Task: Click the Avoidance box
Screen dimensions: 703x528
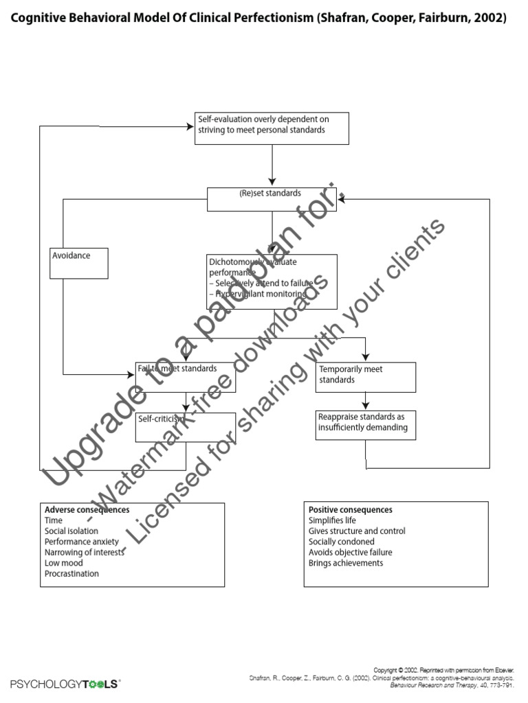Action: click(x=78, y=263)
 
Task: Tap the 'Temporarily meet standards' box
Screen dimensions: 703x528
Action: click(x=366, y=377)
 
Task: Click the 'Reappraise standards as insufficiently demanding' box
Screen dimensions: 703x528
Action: click(x=366, y=426)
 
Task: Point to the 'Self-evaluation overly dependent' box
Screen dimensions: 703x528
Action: click(x=272, y=128)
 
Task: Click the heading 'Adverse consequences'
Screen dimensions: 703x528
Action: click(x=87, y=510)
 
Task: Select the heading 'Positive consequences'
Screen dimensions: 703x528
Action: click(x=351, y=510)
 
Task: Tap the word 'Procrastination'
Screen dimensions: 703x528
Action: click(x=71, y=574)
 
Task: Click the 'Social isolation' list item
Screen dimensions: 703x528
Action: click(x=71, y=531)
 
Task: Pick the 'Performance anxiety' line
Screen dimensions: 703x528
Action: click(x=82, y=542)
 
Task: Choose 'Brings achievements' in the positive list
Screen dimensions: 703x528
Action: click(x=346, y=563)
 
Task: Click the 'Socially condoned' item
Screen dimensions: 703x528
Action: click(x=342, y=542)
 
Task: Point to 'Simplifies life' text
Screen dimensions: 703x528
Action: click(x=332, y=520)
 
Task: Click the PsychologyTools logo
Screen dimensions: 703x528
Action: click(x=65, y=684)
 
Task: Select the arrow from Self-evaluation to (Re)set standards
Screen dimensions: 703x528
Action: click(x=272, y=165)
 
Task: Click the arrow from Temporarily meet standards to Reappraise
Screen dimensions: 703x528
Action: click(x=366, y=401)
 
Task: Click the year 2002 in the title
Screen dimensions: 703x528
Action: click(x=489, y=19)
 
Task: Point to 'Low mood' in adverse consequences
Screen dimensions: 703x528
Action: click(x=63, y=563)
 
